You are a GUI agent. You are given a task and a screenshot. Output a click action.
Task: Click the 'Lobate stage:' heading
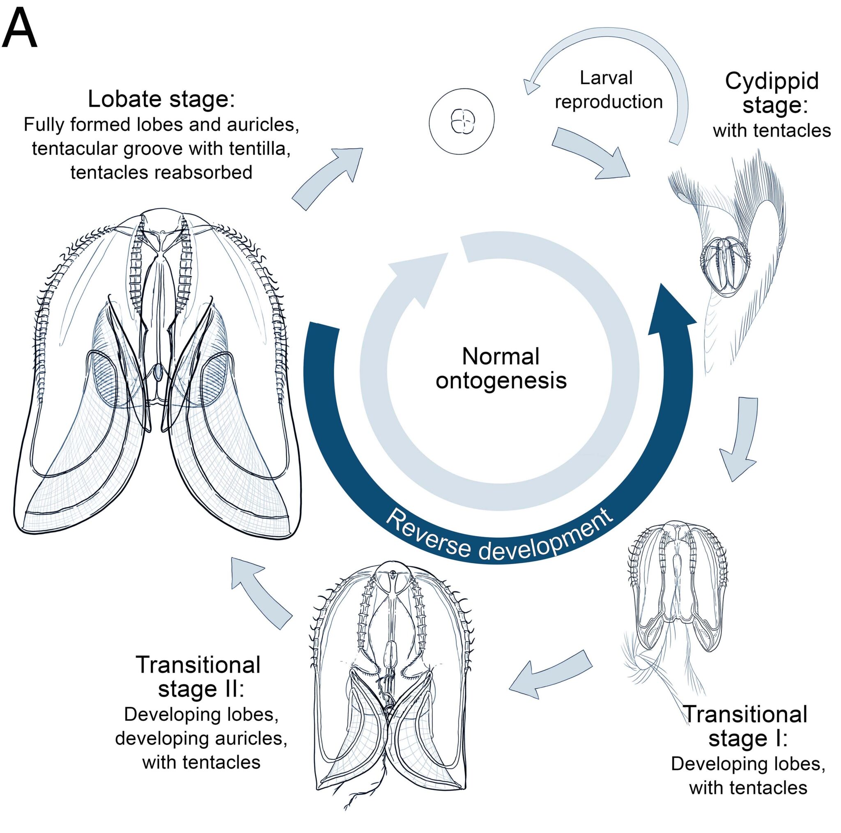pos(161,99)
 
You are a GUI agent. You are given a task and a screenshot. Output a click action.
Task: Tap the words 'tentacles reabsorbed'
pos(161,172)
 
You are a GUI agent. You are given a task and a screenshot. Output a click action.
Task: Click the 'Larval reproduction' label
pos(608,89)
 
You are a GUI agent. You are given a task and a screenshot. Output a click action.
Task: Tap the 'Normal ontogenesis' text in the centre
pos(501,368)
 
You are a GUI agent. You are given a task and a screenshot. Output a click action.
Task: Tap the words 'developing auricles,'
pos(201,739)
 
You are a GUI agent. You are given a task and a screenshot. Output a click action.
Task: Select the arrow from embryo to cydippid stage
pos(592,152)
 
